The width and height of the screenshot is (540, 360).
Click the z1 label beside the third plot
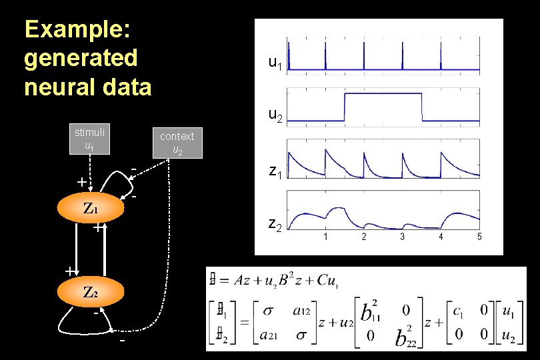[275, 171]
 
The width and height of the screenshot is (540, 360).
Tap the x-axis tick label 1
[325, 237]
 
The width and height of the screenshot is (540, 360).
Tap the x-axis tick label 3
[402, 237]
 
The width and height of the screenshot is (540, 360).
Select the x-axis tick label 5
[479, 237]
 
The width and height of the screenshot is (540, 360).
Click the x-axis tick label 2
[363, 237]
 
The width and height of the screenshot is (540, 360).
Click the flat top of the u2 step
[383, 95]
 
